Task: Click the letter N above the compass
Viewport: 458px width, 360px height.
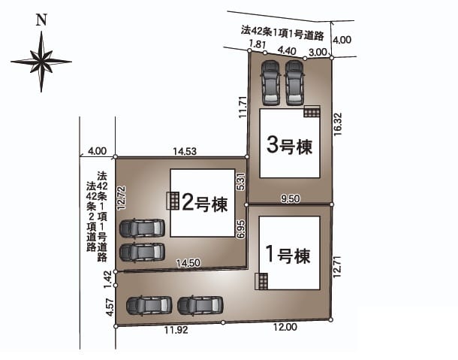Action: [41, 20]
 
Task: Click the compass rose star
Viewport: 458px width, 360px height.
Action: [41, 62]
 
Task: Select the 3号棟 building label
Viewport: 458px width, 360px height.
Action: [290, 145]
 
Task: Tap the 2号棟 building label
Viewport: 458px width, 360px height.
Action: [204, 204]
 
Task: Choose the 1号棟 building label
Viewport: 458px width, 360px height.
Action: [288, 255]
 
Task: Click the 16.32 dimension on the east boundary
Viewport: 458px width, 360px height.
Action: [338, 124]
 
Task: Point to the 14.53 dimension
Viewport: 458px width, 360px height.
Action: [185, 152]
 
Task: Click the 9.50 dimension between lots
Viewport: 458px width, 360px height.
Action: [290, 199]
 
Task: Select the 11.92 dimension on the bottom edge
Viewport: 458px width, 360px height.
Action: [176, 330]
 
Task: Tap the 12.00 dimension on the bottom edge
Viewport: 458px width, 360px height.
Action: [285, 327]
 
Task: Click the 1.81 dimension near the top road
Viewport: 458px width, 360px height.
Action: [258, 44]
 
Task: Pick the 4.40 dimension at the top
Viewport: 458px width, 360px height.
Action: [287, 51]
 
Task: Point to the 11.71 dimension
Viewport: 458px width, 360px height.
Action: [243, 107]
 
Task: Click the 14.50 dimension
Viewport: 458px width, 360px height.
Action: [188, 263]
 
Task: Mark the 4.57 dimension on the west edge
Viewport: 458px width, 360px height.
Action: [109, 307]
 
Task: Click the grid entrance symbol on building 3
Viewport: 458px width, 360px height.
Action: [312, 111]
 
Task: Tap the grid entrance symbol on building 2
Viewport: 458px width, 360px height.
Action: [173, 201]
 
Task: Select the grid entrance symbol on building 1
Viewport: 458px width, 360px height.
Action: [261, 281]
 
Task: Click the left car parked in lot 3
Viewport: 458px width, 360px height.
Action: [271, 83]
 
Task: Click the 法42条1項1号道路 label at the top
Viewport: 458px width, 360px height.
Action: [282, 33]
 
